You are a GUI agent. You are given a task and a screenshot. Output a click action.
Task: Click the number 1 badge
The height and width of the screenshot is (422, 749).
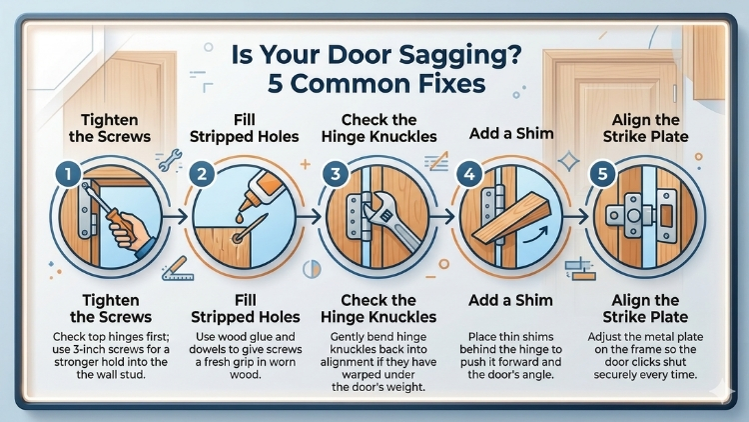click(65, 174)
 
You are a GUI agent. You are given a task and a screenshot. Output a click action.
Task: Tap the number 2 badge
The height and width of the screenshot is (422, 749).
click(202, 174)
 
